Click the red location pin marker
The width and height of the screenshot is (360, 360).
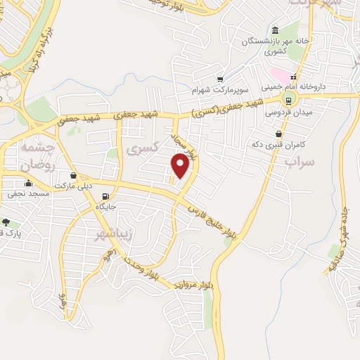tap(181, 166)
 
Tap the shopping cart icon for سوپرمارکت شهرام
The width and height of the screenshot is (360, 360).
tap(221, 79)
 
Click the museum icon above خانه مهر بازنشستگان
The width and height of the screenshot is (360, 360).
tap(274, 30)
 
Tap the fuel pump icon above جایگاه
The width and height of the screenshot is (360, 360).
tap(106, 197)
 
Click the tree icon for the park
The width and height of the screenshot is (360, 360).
tap(5, 222)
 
